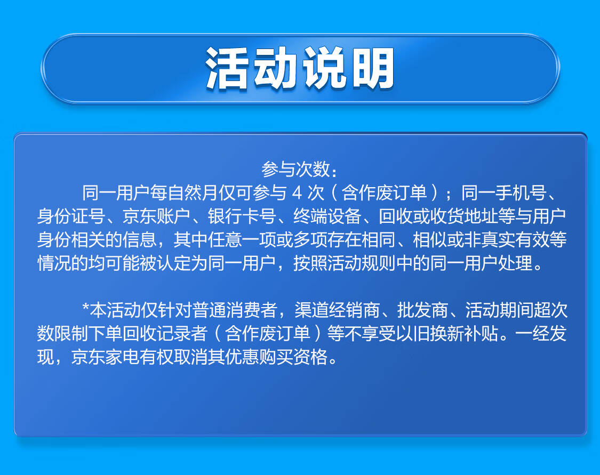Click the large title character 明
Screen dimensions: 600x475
[x=373, y=68]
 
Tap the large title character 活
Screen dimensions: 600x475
[x=227, y=68]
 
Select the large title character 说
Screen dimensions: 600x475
[x=324, y=68]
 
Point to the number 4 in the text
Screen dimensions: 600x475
[x=297, y=193]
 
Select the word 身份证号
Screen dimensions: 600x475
[x=71, y=216]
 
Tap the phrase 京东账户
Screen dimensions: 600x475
[x=156, y=216]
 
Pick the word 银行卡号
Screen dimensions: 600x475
[x=242, y=216]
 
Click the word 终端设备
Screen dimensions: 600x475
[x=327, y=216]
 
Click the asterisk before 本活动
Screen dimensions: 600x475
[x=85, y=307]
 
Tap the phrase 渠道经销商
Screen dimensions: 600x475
[x=337, y=310]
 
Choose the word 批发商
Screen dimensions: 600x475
[x=422, y=310]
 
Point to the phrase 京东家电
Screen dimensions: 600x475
[x=105, y=357]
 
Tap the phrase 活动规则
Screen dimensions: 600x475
[x=362, y=263]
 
